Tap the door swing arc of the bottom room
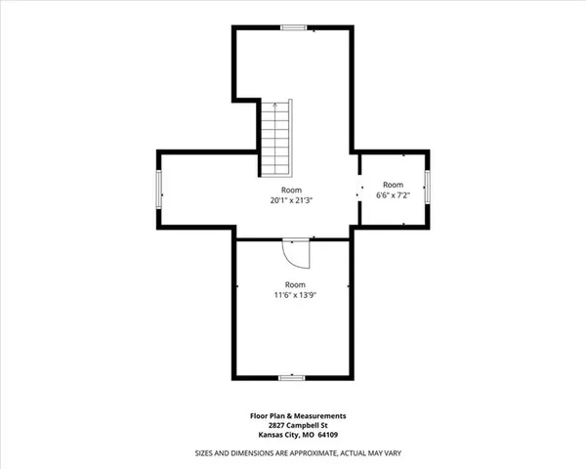(293, 254)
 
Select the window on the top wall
(294, 27)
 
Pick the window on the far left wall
(160, 187)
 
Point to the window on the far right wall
(427, 186)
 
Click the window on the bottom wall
(293, 376)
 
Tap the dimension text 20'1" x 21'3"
(292, 200)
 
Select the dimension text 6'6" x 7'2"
(393, 194)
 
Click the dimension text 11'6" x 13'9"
(294, 294)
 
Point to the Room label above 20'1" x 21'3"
(292, 190)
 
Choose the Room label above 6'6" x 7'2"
(393, 184)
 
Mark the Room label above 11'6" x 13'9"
(294, 283)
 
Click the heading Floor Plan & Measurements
(293, 415)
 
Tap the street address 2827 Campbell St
(293, 425)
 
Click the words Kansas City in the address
(277, 434)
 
